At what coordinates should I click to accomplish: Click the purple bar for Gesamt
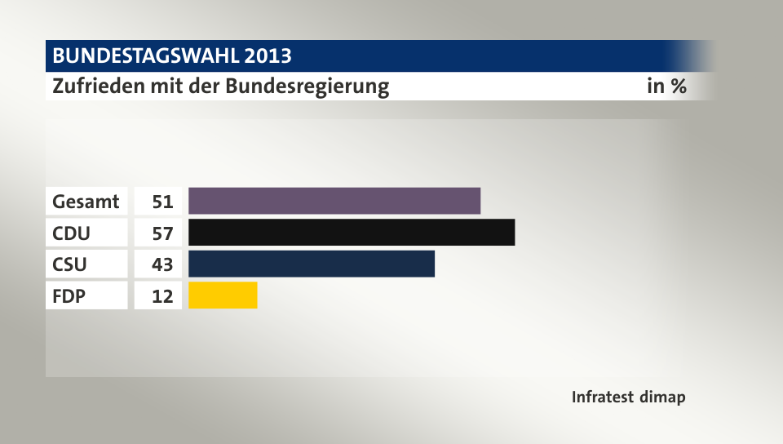click(334, 201)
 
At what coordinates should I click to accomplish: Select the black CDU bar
click(352, 233)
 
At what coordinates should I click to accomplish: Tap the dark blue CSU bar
click(312, 264)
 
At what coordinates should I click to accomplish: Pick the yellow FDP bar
click(223, 295)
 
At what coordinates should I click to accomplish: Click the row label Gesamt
click(86, 201)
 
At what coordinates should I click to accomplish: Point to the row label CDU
click(72, 233)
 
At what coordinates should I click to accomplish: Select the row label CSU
click(70, 264)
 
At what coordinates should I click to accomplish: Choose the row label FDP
click(69, 296)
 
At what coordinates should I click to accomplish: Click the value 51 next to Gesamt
click(162, 201)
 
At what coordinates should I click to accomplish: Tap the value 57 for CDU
click(162, 233)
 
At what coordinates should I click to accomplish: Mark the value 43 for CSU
click(162, 264)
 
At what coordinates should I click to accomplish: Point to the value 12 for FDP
click(162, 296)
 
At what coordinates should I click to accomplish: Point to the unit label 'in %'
click(666, 86)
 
